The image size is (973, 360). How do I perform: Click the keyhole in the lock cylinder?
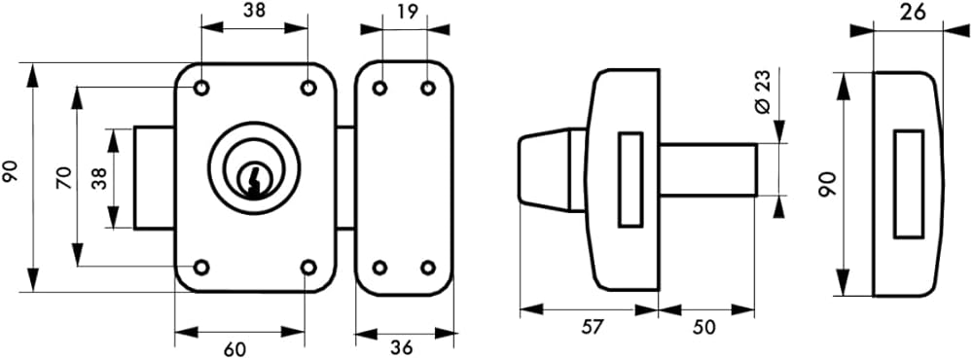(x=253, y=180)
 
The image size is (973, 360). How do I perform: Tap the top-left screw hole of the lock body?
(x=201, y=89)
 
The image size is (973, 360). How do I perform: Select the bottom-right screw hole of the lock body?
(x=308, y=268)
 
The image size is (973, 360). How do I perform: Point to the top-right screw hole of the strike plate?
(x=427, y=89)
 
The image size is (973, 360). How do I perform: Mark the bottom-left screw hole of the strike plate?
(x=380, y=269)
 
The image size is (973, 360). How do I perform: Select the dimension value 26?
(x=911, y=11)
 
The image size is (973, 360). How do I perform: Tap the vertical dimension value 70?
(x=64, y=178)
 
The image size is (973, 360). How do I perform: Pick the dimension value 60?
(x=234, y=349)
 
